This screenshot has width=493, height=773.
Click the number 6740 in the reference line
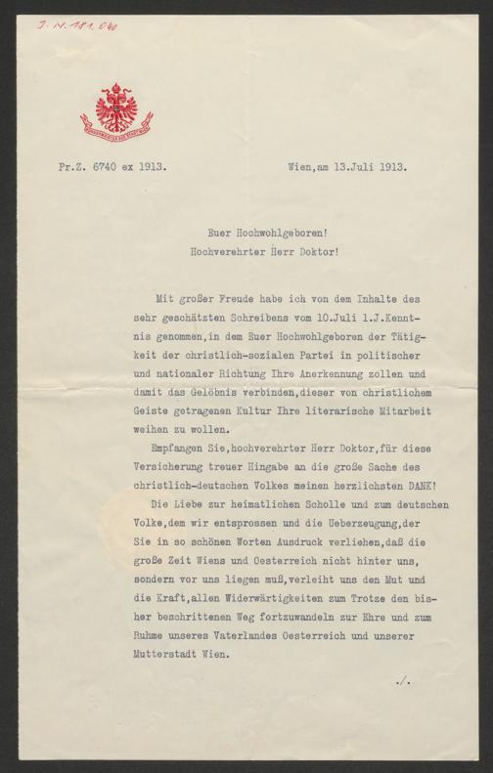click(105, 167)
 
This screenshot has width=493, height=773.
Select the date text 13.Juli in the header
click(350, 167)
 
